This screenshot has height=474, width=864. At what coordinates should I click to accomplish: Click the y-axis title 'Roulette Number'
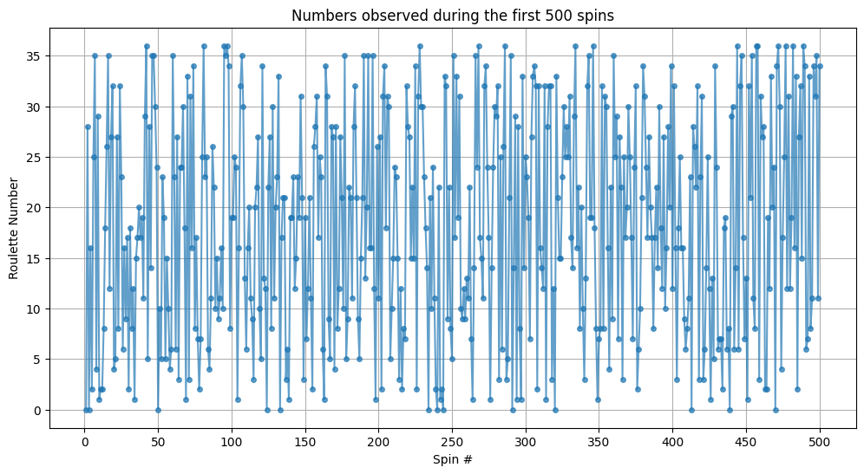[x=15, y=218]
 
